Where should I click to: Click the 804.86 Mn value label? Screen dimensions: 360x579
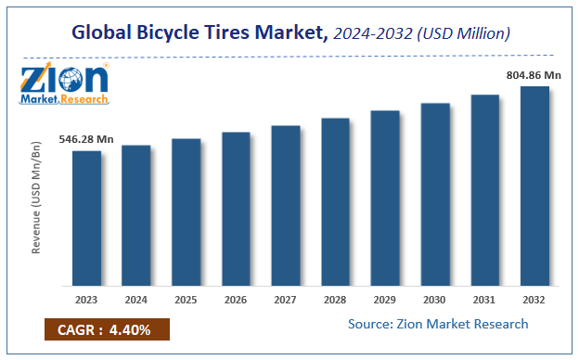[534, 75]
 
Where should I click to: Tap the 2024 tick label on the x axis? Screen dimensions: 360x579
[136, 300]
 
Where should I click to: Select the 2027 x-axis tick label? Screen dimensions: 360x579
[286, 300]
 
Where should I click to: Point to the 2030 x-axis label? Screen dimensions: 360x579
[435, 300]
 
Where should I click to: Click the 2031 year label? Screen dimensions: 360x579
[484, 300]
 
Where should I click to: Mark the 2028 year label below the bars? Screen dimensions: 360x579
[335, 300]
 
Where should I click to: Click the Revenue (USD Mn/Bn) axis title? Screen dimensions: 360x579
[36, 199]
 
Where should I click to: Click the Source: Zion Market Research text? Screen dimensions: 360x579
[438, 324]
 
